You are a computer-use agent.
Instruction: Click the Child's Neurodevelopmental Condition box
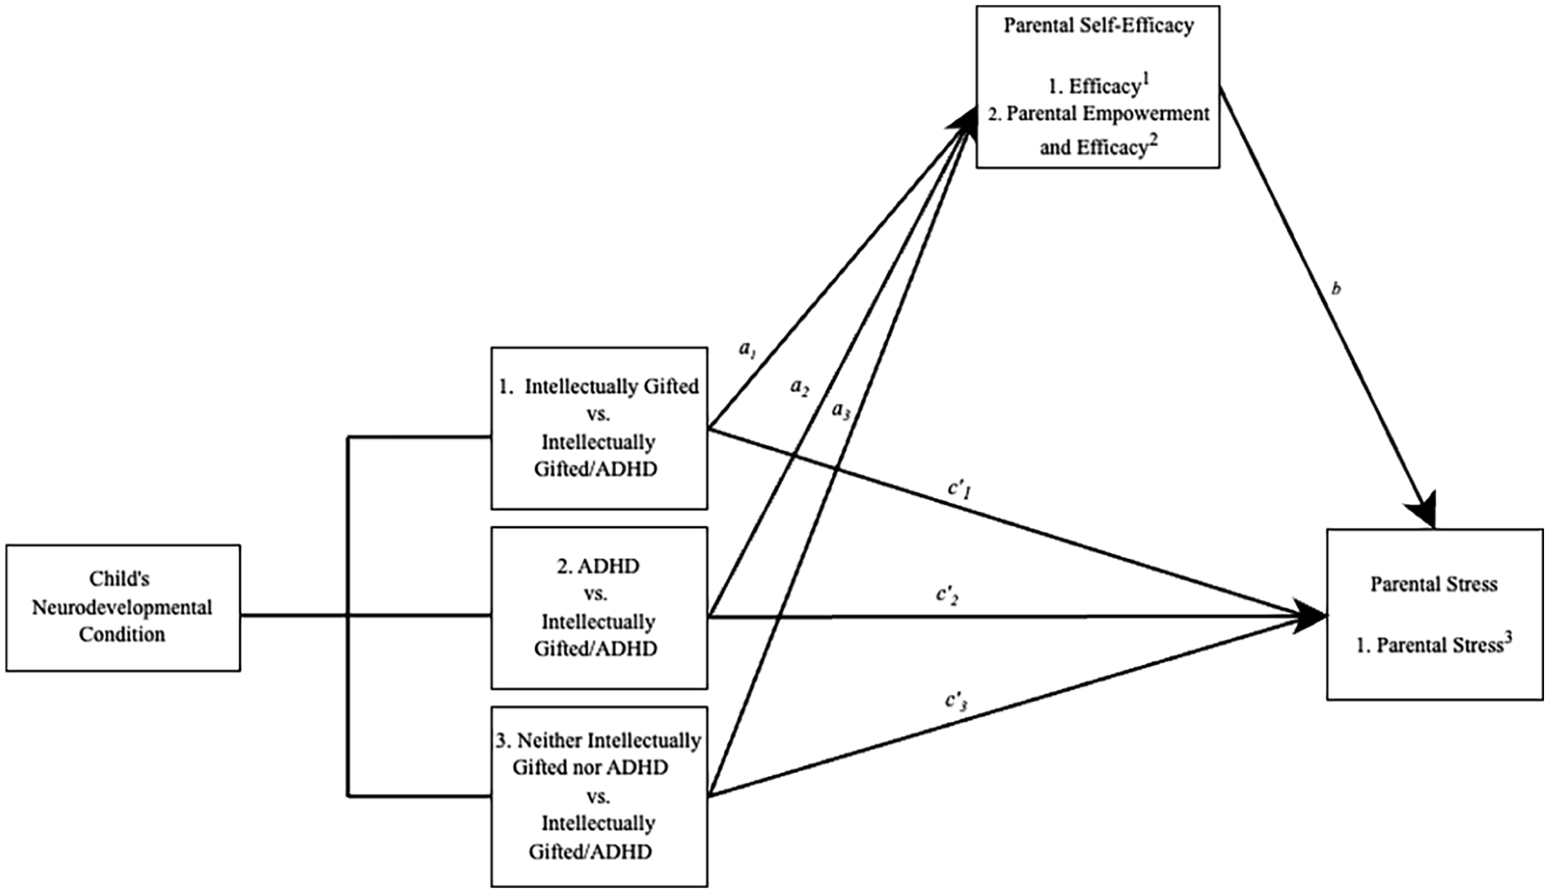[123, 608]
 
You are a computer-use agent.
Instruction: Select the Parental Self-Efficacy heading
[1098, 25]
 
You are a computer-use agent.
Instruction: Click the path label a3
[841, 410]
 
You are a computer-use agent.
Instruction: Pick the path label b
[1336, 289]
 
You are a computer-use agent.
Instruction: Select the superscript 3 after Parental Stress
[1509, 637]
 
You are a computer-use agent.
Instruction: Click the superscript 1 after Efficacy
[1145, 80]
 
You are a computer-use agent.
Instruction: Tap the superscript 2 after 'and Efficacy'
[1155, 140]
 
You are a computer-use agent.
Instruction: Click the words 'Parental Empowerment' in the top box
[1108, 114]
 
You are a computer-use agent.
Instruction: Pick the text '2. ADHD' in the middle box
[598, 566]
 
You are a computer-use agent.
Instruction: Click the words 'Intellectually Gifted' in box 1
[612, 387]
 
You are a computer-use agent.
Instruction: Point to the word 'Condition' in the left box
[123, 634]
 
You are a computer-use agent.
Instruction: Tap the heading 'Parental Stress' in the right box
[1434, 584]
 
